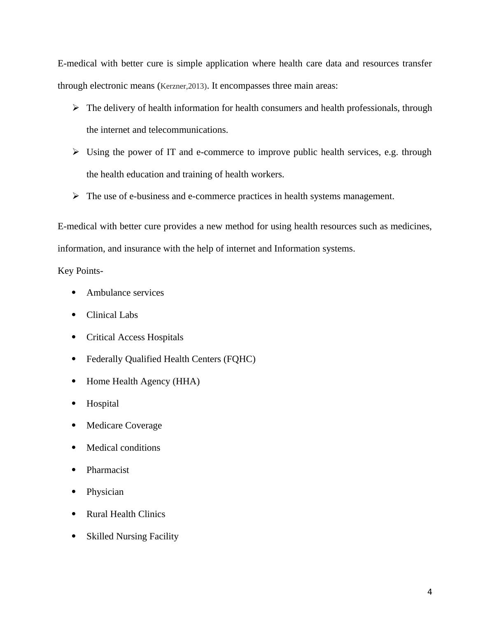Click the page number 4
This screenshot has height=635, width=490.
coord(429,592)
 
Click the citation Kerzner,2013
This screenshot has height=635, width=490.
coord(183,86)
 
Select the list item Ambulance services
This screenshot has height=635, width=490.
coord(125,293)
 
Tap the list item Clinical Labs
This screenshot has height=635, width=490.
coord(112,315)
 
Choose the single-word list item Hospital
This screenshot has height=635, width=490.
coord(103,404)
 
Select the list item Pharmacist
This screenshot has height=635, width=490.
coord(107,470)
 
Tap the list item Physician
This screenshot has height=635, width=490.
coord(105,492)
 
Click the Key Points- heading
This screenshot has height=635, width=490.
coord(80,271)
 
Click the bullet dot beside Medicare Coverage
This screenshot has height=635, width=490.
coord(74,425)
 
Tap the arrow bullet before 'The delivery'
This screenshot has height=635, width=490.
coord(75,108)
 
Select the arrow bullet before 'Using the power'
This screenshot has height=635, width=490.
coord(75,152)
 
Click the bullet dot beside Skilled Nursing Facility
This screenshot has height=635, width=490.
coord(74,536)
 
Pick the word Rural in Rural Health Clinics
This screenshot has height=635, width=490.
coord(96,514)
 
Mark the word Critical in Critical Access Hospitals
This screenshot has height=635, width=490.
coord(100,337)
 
